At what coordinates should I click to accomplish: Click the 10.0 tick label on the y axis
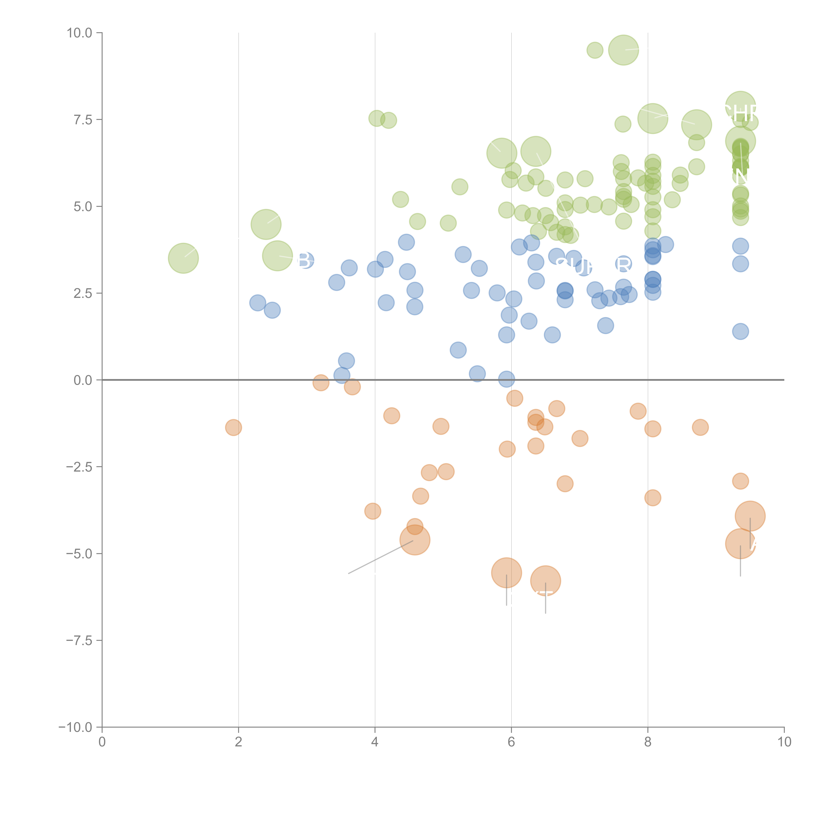(80, 33)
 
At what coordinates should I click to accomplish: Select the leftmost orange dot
(233, 427)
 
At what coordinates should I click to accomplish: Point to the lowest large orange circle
(546, 581)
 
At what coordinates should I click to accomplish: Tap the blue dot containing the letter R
(623, 264)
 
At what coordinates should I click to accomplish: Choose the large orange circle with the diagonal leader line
(415, 540)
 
